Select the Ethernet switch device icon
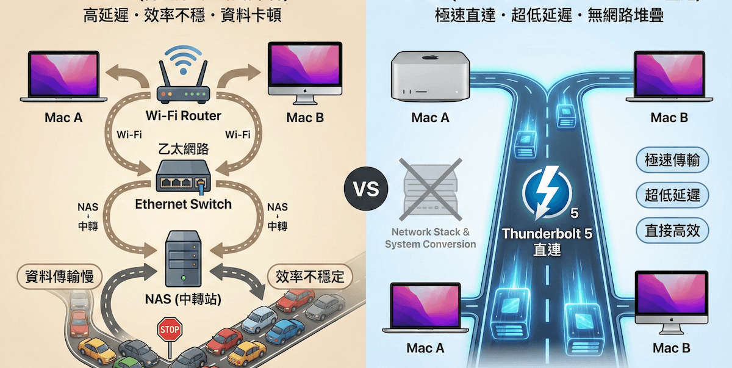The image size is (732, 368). [182, 177]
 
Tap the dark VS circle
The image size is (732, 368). [366, 189]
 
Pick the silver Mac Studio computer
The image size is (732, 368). [429, 76]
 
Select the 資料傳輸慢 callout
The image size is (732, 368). [59, 277]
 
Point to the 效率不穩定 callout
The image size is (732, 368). [310, 277]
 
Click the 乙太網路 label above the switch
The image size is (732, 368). [183, 149]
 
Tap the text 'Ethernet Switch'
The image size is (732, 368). [183, 204]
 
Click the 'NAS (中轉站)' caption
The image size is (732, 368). [183, 300]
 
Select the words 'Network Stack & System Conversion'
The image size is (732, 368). [430, 238]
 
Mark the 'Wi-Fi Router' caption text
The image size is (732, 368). [183, 116]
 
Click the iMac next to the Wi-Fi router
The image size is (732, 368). [304, 72]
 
